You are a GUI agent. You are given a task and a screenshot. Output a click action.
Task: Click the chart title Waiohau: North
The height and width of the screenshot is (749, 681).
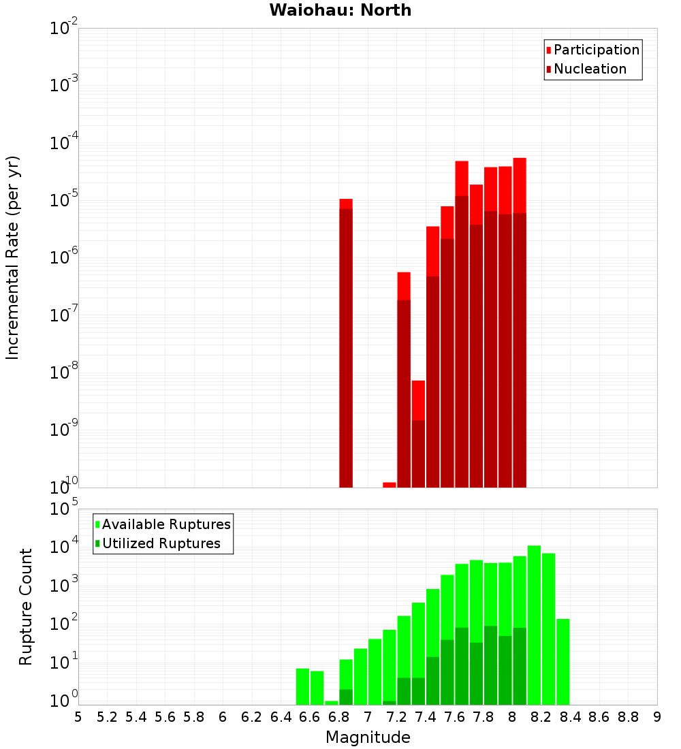click(340, 10)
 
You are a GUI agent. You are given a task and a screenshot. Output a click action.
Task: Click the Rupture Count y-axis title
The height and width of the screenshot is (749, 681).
click(26, 606)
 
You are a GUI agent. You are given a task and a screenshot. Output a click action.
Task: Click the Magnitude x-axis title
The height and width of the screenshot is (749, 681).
click(368, 737)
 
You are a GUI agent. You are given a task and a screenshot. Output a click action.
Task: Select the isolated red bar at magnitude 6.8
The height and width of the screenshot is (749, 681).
click(346, 340)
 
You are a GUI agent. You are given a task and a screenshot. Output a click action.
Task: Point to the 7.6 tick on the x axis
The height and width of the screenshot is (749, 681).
click(454, 717)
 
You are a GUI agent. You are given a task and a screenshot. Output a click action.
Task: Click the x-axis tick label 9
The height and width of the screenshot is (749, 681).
click(656, 717)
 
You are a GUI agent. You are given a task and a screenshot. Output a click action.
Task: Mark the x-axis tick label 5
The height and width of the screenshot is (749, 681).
click(78, 717)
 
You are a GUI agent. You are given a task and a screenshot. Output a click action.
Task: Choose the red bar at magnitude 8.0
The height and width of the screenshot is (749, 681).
click(520, 320)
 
